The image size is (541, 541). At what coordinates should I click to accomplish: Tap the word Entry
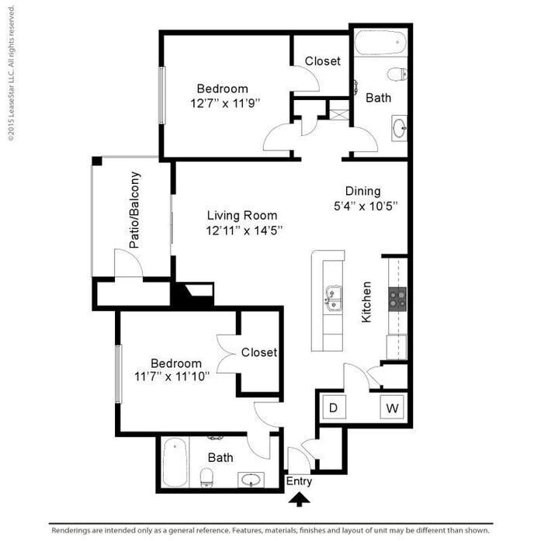[299, 481]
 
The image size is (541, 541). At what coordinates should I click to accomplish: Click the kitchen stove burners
[397, 298]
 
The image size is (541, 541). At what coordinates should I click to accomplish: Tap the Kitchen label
[366, 302]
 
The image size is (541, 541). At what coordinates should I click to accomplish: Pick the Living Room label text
[241, 216]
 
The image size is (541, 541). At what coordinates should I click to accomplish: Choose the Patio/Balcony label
[135, 210]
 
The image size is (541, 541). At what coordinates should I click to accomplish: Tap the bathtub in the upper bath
[380, 42]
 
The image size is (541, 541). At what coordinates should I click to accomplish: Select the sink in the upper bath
[399, 128]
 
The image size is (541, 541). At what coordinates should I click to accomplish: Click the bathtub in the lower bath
[175, 463]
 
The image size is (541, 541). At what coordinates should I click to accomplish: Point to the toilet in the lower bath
[207, 477]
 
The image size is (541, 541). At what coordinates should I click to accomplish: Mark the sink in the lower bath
[250, 480]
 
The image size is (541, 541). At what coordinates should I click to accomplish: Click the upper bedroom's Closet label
[322, 61]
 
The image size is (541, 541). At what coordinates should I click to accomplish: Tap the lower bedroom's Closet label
[258, 352]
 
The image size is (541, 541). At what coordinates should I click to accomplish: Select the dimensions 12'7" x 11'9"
[225, 102]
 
